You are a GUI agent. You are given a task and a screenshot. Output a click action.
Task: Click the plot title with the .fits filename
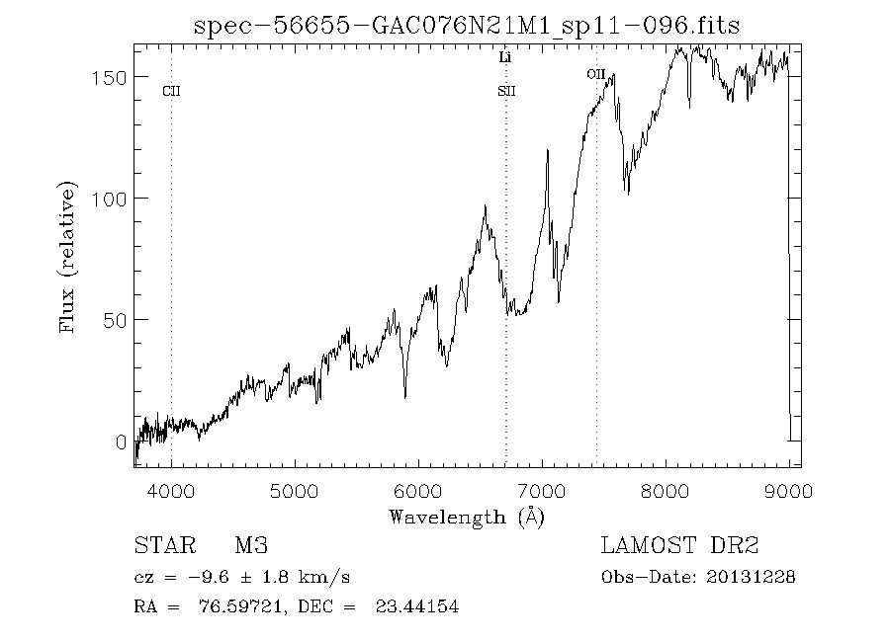467,25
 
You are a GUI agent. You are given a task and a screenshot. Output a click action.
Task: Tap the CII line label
171,92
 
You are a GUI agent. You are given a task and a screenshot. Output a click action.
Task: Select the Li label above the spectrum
505,58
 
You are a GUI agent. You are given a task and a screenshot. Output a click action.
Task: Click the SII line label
506,92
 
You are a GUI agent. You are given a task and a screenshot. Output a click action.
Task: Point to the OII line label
595,74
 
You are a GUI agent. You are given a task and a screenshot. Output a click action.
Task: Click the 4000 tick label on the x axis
171,491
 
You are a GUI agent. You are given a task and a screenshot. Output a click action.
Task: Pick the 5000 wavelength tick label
295,491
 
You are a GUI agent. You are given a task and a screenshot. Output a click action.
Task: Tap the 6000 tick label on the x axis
418,491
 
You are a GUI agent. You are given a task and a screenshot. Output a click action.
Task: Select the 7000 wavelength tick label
542,491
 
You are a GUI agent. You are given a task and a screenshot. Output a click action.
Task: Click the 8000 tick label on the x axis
666,491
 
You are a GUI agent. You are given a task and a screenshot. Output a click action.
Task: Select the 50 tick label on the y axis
112,320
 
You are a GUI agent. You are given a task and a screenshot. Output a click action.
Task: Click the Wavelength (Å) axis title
467,516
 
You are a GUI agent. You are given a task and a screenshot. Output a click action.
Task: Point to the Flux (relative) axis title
68,257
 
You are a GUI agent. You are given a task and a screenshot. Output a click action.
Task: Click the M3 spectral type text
251,545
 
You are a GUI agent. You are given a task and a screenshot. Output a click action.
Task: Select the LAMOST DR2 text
679,545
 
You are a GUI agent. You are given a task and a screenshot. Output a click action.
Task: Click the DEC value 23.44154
416,607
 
